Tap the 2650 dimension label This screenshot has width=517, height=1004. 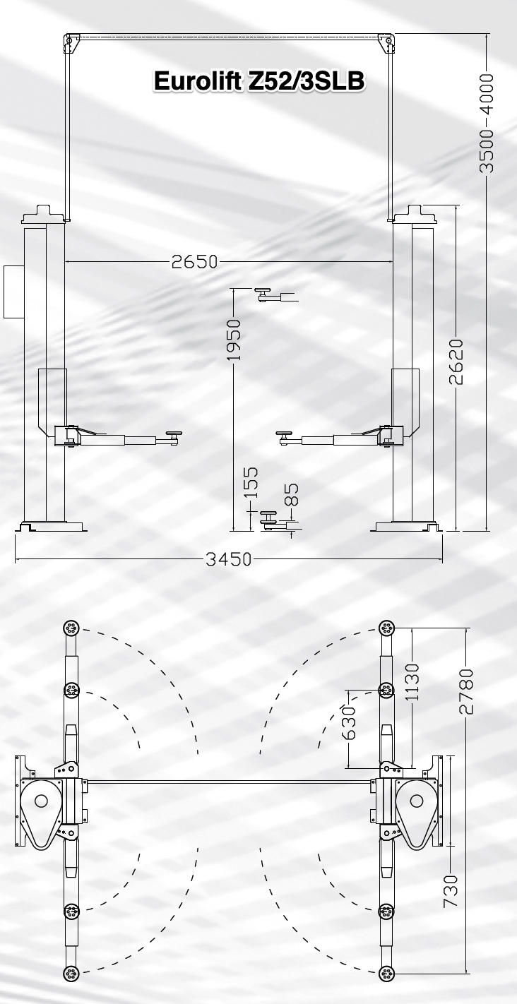coord(194,262)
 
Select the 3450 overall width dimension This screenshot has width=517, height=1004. coord(229,559)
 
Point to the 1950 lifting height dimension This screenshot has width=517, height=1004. coord(234,340)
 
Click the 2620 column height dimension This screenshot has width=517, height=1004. coord(456,361)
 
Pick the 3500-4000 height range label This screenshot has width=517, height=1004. coord(487,124)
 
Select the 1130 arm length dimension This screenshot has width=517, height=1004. coord(412,682)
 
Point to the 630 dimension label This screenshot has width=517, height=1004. coord(348,722)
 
